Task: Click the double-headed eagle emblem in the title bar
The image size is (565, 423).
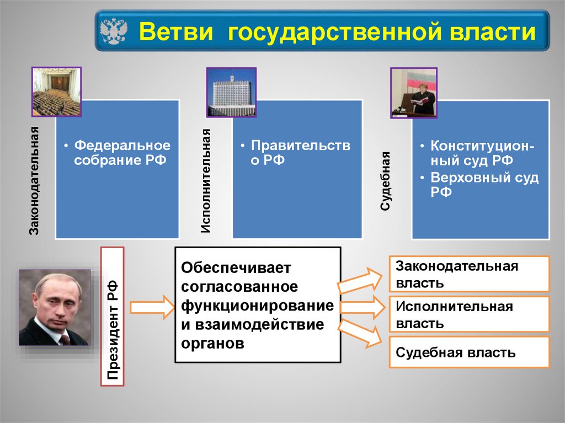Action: coord(115,31)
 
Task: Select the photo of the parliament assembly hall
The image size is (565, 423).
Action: coord(56,92)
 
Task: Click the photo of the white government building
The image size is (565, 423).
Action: coord(231,92)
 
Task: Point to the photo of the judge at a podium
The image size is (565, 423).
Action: coord(414,93)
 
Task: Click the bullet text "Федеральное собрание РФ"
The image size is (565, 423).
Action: coord(121,153)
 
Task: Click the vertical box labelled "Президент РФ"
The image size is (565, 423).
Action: coord(113,315)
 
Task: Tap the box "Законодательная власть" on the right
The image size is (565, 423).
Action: coord(469,274)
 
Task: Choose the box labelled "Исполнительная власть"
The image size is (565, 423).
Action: coord(469,314)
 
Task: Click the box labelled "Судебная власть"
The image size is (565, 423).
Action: coord(469,352)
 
